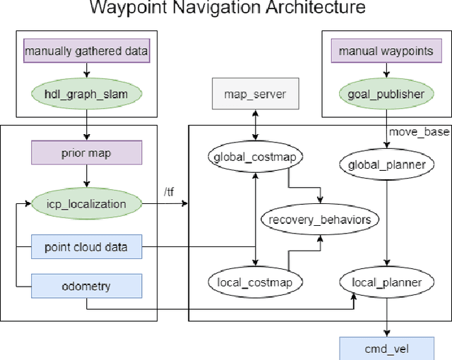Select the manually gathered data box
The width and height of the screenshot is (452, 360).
click(87, 51)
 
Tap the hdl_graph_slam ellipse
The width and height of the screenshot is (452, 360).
click(87, 92)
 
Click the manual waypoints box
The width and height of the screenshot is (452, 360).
click(386, 51)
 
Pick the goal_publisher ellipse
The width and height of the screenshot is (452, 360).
click(386, 92)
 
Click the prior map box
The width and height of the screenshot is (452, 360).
click(87, 152)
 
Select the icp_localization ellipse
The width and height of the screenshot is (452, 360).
click(87, 204)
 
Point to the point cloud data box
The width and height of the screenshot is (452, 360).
click(87, 246)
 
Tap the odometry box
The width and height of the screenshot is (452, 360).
click(87, 285)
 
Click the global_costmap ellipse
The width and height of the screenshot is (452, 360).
click(256, 157)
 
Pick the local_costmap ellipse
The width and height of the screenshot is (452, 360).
click(256, 282)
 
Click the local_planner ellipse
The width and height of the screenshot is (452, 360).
click(386, 282)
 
